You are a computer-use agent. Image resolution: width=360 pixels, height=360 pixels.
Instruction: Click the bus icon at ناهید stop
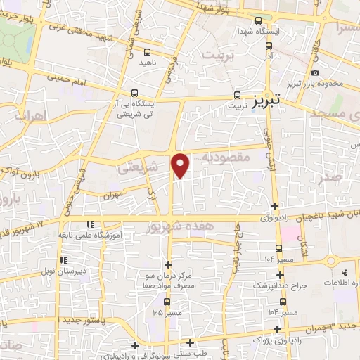click(147, 52)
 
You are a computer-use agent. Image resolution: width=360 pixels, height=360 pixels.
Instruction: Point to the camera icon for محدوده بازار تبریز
click(315, 73)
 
